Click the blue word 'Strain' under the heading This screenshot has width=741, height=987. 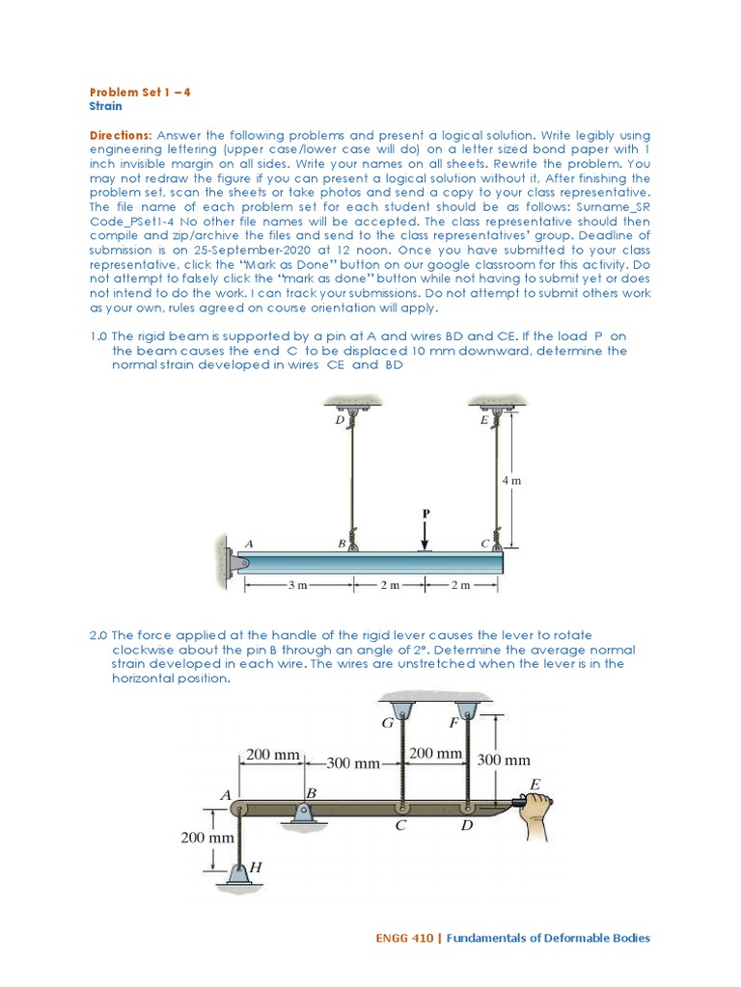click(x=105, y=106)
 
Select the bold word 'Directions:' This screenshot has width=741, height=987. click(x=121, y=136)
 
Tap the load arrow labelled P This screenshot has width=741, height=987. click(x=425, y=533)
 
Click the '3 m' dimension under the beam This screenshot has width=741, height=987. click(x=298, y=585)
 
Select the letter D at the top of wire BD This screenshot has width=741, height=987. click(x=339, y=421)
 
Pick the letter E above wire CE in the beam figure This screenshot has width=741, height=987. click(x=483, y=421)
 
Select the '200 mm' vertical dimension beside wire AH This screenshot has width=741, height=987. click(x=207, y=838)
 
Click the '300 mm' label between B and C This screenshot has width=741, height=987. click(x=353, y=762)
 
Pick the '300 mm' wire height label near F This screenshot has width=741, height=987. click(x=504, y=760)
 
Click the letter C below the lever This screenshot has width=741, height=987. click(x=400, y=826)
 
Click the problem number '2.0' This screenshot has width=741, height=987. click(x=98, y=635)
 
